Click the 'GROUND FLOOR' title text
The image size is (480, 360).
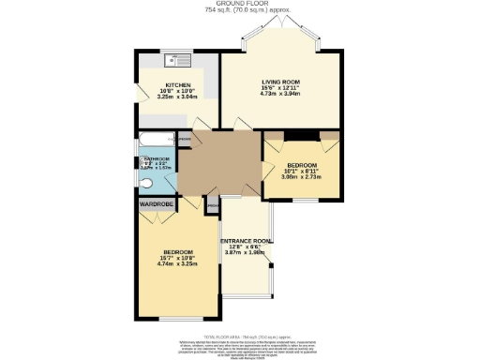239,4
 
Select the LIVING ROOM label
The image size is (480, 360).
278,82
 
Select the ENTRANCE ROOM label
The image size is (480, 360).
246,241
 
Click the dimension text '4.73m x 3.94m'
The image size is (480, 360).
278,95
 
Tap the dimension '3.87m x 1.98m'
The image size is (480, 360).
246,253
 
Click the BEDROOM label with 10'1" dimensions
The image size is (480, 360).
301,165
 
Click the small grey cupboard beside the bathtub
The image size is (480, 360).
185,142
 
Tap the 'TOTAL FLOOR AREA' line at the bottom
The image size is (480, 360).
239,334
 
